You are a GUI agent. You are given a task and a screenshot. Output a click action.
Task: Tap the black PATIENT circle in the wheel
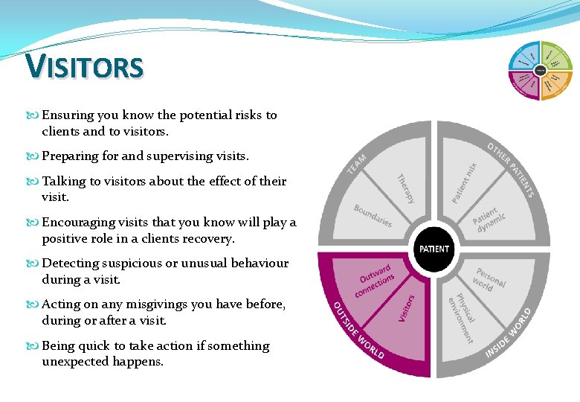click(x=434, y=249)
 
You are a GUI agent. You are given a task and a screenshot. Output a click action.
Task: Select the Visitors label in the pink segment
click(x=406, y=307)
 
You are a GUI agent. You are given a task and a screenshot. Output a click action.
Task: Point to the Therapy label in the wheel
click(x=405, y=189)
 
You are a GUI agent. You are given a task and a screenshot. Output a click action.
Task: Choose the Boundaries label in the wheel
click(x=373, y=216)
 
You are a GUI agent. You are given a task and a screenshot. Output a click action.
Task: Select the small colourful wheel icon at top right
click(x=540, y=71)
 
